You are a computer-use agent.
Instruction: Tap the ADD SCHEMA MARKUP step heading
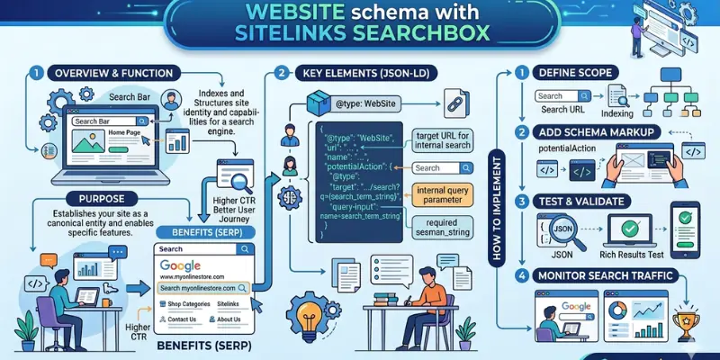click(x=598, y=132)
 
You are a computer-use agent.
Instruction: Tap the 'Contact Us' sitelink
click(x=183, y=319)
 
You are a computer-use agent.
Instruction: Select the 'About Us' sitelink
click(x=229, y=319)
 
